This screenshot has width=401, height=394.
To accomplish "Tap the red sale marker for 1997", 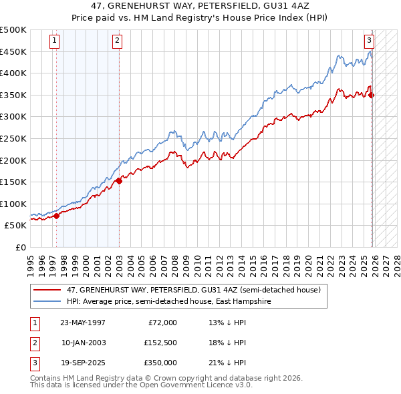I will coord(56,216).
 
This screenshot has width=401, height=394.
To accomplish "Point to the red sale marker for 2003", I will coord(119,180).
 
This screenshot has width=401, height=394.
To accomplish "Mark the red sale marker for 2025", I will coord(372,95).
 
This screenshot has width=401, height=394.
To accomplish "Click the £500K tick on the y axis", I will coord(13,30).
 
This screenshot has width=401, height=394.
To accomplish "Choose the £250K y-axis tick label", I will coord(13,138).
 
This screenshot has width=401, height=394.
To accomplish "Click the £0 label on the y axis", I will coord(20,247).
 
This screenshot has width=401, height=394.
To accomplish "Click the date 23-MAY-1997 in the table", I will coord(82,323).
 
